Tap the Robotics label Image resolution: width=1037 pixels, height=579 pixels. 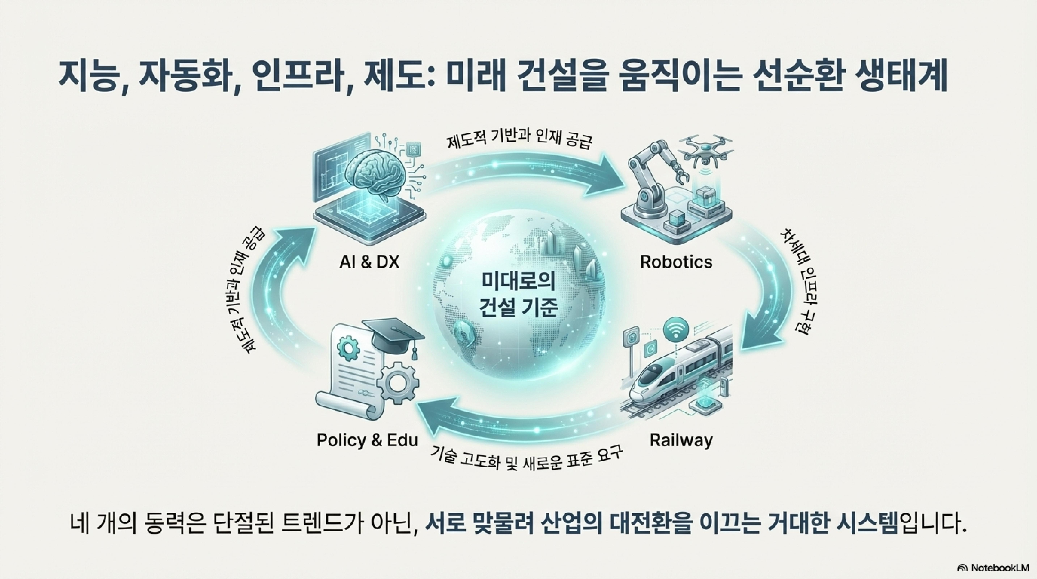676,262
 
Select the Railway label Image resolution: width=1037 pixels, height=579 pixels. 681,440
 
